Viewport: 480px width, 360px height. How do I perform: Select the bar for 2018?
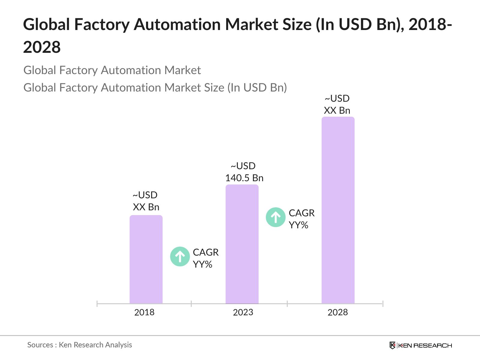tap(146, 259)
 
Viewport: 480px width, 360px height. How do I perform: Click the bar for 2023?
tap(242, 244)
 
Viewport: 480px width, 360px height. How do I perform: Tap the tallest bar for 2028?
tap(338, 210)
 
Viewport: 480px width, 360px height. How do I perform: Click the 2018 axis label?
tap(144, 312)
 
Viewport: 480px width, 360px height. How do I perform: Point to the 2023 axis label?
tap(243, 312)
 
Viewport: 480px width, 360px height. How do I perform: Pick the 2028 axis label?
tap(337, 312)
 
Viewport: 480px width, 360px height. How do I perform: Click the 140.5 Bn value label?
tap(244, 178)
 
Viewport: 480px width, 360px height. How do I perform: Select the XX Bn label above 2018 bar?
tap(146, 207)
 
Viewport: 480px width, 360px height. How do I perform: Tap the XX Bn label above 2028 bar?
tap(337, 110)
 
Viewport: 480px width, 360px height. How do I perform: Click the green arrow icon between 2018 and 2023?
tap(180, 256)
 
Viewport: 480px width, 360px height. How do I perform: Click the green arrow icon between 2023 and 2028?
tap(275, 217)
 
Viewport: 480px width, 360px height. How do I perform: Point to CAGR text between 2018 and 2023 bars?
tap(205, 252)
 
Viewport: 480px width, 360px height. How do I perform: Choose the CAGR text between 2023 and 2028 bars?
tap(301, 213)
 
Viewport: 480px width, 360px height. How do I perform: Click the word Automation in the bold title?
tap(177, 25)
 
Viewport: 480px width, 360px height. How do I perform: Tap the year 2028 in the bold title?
tap(42, 47)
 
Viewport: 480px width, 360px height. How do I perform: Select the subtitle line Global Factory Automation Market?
tap(112, 70)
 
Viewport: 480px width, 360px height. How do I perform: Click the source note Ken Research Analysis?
tap(95, 345)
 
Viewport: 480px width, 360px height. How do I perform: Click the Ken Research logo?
tap(420, 345)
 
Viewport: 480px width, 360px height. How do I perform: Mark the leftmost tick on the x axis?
tap(97, 304)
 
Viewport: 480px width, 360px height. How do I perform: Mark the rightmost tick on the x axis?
tap(383, 304)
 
